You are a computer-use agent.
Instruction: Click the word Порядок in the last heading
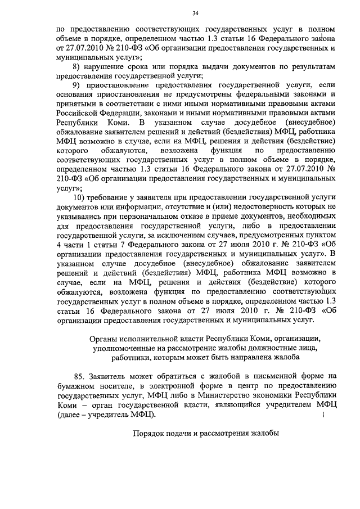pos(149,434)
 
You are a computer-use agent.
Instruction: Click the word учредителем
pos(290,404)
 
